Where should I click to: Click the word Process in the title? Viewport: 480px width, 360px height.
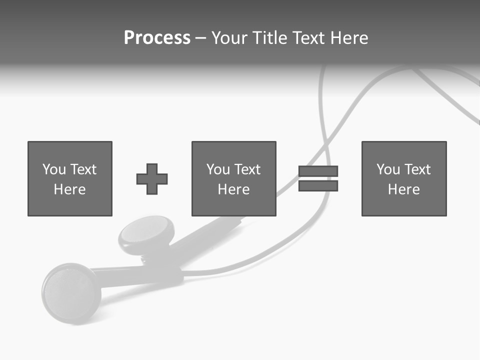click(157, 38)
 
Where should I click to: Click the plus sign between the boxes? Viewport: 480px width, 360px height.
click(152, 179)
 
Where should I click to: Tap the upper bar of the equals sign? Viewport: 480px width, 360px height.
click(318, 171)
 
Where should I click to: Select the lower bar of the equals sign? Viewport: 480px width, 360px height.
click(318, 186)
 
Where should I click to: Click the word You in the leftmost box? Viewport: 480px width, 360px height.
click(54, 169)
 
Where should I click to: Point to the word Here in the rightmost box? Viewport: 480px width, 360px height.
click(404, 189)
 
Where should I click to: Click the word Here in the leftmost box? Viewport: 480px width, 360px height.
click(70, 189)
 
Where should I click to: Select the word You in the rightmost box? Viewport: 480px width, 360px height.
click(388, 169)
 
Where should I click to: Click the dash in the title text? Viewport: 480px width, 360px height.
click(201, 38)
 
